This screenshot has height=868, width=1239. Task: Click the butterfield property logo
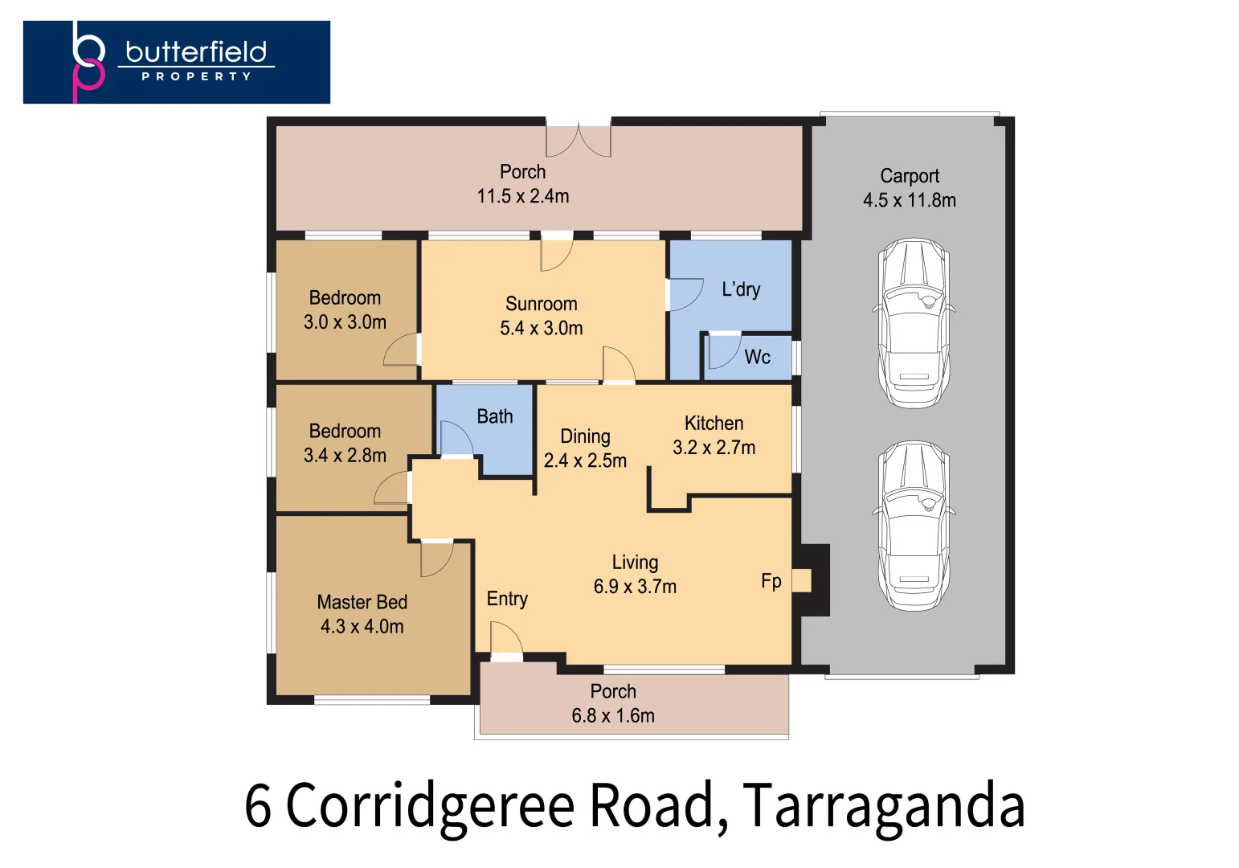coord(177,62)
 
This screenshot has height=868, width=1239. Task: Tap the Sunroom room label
coord(541,304)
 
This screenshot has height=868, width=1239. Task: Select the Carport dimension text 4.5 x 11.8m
coord(909,200)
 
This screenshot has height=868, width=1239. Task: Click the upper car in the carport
coord(914,322)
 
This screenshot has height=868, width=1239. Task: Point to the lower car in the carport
coord(914,525)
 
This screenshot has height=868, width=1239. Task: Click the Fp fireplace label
coord(771,581)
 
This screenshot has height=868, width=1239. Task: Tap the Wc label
coord(757,357)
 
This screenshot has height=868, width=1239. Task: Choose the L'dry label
coord(740,289)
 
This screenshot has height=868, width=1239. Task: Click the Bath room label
coord(494,416)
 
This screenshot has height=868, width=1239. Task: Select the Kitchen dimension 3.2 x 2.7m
coord(714,448)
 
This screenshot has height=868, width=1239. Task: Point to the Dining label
coord(585,436)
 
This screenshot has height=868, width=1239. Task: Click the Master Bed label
coord(362,602)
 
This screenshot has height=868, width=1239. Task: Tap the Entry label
coord(507,599)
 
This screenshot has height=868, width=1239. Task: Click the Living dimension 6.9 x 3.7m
coord(635,587)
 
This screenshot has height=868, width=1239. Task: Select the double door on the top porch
coord(579,140)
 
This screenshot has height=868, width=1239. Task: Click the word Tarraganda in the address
coord(883,805)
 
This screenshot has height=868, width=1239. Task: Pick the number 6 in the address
coord(258,805)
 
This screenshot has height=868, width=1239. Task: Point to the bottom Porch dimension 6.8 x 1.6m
coord(613,715)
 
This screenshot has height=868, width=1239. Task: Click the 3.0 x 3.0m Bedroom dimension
coord(345,322)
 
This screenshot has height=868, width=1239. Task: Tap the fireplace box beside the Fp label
coord(802,580)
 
